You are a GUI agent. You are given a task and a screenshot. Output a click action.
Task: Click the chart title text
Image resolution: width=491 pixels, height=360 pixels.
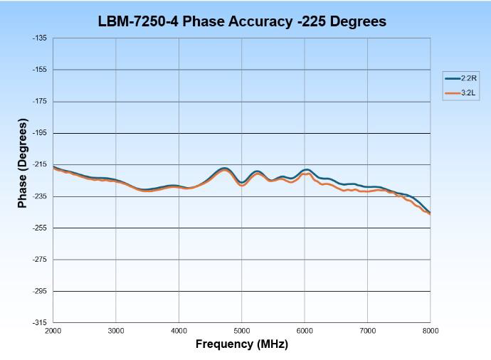point(242,21)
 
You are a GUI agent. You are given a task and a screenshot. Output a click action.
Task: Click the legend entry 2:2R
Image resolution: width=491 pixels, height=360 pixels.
point(459,78)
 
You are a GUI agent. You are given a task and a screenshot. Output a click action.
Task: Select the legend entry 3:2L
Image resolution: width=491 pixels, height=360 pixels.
point(459,93)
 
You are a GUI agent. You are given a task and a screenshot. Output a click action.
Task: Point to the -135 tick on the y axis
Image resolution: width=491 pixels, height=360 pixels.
point(40,38)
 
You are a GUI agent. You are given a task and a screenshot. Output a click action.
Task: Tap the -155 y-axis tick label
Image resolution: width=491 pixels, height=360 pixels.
point(40,70)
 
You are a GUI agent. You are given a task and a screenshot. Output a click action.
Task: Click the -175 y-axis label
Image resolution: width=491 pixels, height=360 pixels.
point(40,101)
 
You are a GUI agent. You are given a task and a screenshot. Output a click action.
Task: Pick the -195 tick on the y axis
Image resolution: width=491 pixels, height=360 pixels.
point(40,133)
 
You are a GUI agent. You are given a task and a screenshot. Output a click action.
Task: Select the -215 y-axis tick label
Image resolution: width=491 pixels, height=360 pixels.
point(40,164)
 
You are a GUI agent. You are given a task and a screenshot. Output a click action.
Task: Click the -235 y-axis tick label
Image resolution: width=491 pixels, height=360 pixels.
point(40,196)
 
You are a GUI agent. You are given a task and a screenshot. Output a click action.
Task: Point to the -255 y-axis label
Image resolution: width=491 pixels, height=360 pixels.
point(40,228)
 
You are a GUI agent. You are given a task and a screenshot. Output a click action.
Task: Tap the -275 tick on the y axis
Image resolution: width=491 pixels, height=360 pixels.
point(40,260)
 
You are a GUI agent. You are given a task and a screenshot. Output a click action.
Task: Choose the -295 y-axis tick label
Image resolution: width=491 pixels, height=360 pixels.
point(40,291)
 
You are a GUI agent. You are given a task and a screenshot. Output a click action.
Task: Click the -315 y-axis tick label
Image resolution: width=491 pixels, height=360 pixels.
point(40,322)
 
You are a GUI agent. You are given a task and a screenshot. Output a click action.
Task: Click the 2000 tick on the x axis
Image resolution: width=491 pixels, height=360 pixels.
point(53,331)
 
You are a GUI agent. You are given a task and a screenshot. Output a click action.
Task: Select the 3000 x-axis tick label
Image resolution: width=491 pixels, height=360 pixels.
point(116,331)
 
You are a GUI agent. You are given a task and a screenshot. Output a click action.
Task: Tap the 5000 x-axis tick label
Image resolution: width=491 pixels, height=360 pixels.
point(242,331)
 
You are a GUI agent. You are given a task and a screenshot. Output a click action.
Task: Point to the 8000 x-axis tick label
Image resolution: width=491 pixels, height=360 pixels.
point(430,331)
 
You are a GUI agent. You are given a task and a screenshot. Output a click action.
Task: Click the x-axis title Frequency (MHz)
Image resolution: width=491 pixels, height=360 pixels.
point(242,344)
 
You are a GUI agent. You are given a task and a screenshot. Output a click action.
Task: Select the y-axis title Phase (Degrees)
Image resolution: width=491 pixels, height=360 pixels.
point(22,164)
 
